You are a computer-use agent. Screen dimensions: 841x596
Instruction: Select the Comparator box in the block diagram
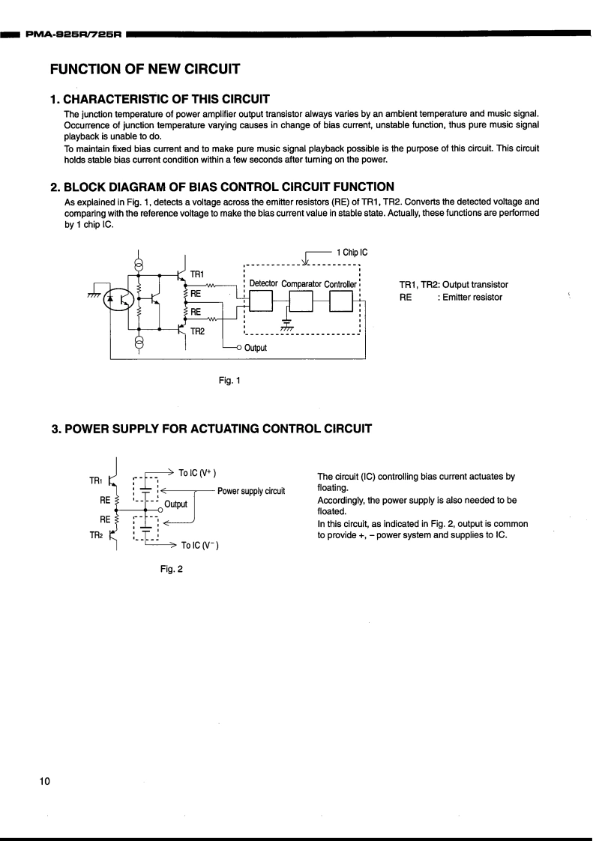click(300, 301)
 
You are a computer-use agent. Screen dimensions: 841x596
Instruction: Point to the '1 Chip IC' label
click(352, 253)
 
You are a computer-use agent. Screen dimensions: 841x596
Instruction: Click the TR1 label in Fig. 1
click(197, 275)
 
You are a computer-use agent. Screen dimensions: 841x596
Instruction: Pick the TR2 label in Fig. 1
click(197, 330)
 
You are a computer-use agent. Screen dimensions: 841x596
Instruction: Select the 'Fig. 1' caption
click(229, 381)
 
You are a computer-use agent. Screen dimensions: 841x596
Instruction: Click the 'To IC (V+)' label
click(197, 473)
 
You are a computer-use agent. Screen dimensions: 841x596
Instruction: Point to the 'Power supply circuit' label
click(251, 491)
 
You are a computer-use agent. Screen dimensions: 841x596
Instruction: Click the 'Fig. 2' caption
click(172, 569)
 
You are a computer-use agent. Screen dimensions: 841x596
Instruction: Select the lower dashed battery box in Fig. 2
click(146, 528)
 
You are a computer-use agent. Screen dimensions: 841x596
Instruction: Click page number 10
click(45, 782)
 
